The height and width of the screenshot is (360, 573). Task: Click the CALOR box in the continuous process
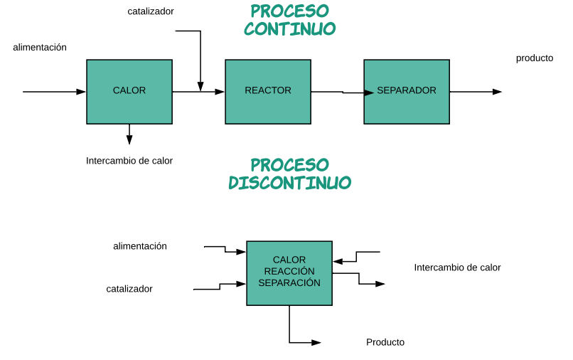tap(129, 91)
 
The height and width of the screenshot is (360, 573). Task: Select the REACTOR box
tap(267, 91)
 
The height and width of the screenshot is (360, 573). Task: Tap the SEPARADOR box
tap(406, 91)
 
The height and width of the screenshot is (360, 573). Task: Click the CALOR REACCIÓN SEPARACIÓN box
tap(289, 272)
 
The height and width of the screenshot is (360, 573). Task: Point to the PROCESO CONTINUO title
tap(289, 20)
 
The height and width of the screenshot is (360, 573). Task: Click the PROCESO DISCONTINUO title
tap(289, 174)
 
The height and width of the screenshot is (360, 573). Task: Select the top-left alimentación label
tap(40, 47)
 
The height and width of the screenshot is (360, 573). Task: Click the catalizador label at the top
tap(151, 11)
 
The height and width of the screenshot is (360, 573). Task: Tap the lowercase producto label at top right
tap(534, 58)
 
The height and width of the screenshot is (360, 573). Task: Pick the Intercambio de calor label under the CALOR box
tap(129, 161)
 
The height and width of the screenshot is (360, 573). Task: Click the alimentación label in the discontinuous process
tap(140, 246)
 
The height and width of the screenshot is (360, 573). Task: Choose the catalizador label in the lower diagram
tap(129, 289)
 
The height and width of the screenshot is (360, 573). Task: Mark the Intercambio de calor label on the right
tap(457, 268)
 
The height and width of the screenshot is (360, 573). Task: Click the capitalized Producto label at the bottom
tap(385, 342)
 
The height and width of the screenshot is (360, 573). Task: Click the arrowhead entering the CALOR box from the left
tap(81, 92)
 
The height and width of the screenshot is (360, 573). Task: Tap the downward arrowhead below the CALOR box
tap(129, 140)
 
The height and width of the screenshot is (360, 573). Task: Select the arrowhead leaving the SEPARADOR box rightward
tap(497, 92)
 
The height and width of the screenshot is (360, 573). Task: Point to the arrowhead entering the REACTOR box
tap(220, 92)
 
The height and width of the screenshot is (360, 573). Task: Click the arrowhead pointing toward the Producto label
tap(316, 342)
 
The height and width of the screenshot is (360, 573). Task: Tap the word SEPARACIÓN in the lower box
tap(289, 283)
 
